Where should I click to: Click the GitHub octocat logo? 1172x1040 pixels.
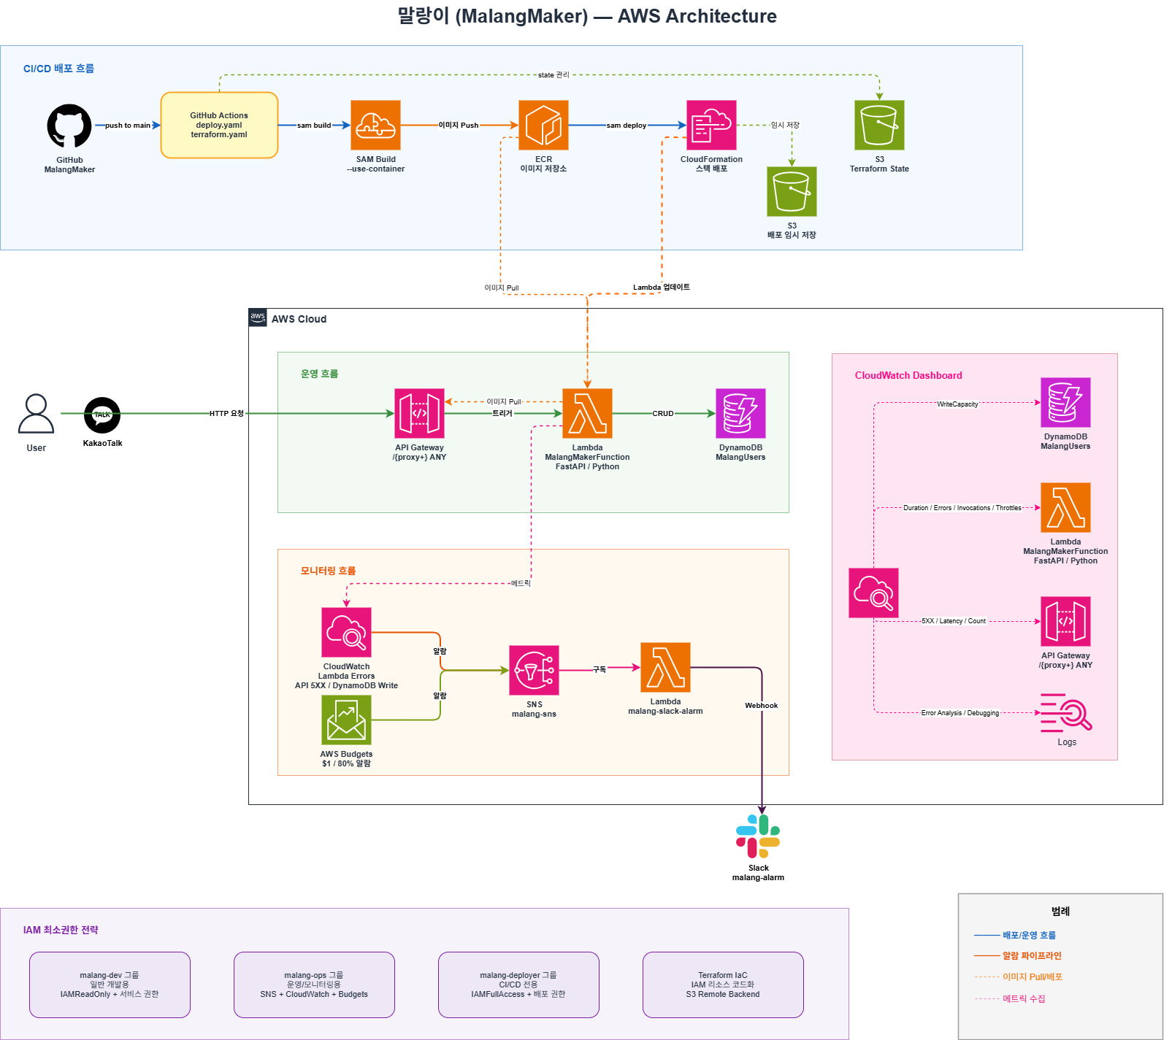click(x=69, y=126)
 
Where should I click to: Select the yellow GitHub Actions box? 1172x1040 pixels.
click(x=219, y=125)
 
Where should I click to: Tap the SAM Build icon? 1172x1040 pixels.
click(x=375, y=125)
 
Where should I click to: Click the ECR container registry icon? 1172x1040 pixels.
click(x=543, y=125)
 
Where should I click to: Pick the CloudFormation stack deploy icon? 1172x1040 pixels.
click(x=711, y=125)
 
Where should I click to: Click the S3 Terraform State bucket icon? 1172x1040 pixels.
click(x=879, y=125)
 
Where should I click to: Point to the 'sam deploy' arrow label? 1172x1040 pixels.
click(x=627, y=126)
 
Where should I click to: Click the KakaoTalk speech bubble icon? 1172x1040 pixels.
click(x=102, y=415)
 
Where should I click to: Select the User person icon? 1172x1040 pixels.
click(x=36, y=414)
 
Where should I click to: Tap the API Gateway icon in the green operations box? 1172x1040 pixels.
click(x=419, y=413)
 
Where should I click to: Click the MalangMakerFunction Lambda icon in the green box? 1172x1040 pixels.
click(x=587, y=413)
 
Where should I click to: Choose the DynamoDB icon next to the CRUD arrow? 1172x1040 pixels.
click(x=740, y=413)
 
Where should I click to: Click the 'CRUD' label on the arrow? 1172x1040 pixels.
click(x=663, y=414)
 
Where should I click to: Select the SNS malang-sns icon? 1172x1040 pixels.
click(x=534, y=670)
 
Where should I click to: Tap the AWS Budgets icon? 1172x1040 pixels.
click(x=346, y=720)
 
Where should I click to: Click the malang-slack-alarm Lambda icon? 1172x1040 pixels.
click(x=665, y=667)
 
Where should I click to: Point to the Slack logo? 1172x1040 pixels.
click(x=758, y=836)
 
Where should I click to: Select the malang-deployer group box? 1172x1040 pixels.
click(x=518, y=985)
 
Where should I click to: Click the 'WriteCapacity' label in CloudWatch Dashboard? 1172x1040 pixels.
click(x=957, y=404)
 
